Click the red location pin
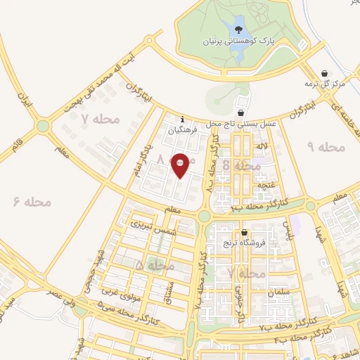click(x=181, y=165)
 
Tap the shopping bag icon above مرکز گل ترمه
click(x=324, y=73)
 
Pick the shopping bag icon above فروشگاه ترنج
click(x=244, y=233)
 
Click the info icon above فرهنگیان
click(x=183, y=119)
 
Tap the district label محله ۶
click(x=33, y=202)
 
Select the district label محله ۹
click(x=327, y=147)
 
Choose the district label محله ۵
click(x=156, y=266)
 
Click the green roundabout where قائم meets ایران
click(x=44, y=126)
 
